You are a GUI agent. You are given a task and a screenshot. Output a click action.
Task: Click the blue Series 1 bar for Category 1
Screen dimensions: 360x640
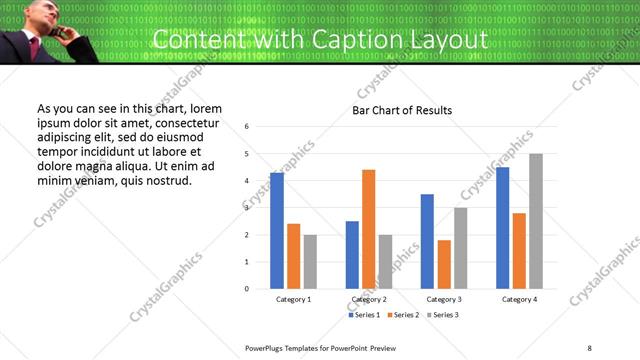[x=277, y=231]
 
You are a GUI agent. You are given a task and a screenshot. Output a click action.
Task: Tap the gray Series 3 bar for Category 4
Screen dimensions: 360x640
[x=536, y=221]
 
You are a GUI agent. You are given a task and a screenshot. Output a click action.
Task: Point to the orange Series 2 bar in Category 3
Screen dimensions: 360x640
[x=444, y=264]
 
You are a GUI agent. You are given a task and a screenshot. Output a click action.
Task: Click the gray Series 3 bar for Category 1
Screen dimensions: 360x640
[x=310, y=262]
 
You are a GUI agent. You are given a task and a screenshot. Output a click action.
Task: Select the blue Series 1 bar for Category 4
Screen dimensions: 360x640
[x=502, y=228]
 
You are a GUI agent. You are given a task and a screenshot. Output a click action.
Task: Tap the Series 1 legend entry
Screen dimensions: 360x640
[x=364, y=315]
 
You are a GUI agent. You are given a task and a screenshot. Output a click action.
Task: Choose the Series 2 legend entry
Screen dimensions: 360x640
[x=402, y=315]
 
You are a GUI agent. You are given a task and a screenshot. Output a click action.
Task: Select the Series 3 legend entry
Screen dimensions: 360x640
[x=441, y=315]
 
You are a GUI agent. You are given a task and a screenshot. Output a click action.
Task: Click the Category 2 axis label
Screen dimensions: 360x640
[x=369, y=299]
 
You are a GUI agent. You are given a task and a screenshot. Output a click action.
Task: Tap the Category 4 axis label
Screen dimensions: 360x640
[x=519, y=299]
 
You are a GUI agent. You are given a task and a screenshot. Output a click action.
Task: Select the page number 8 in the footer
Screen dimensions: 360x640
[x=589, y=347]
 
